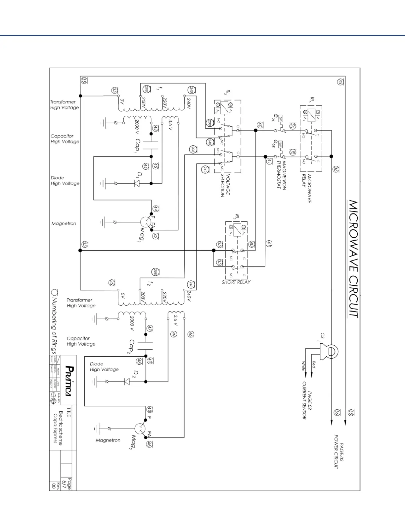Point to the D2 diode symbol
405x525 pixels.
(x=126, y=381)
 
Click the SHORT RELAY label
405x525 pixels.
(x=236, y=282)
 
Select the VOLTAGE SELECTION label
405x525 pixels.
(x=225, y=185)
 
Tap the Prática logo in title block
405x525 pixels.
(x=68, y=380)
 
